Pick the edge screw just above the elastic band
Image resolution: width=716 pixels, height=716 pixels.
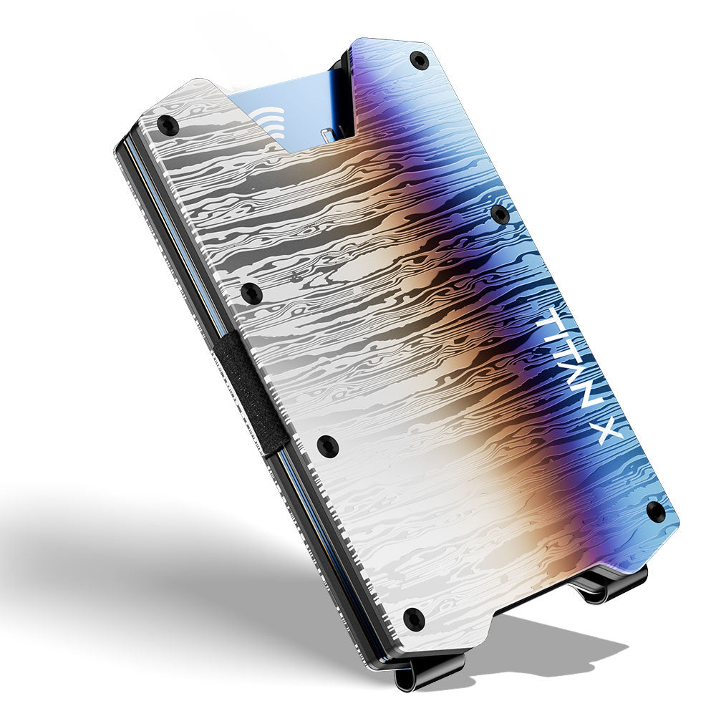251,292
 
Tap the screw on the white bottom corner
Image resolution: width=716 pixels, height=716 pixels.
414,617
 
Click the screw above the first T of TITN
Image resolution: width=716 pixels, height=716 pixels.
500,215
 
